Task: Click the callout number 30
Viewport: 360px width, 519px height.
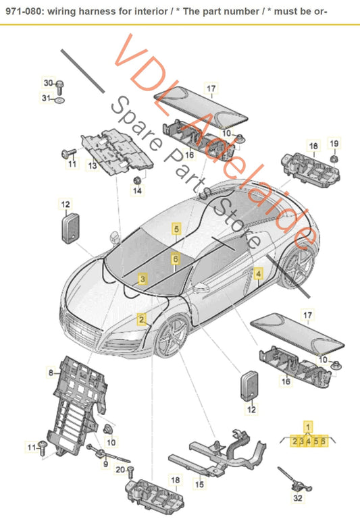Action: coord(48,83)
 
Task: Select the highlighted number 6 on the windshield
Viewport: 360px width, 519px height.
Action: coord(175,258)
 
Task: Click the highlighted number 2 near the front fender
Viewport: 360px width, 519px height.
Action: coord(143,320)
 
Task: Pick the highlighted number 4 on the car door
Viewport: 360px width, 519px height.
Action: coord(258,273)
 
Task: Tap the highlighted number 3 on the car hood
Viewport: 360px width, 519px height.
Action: coord(143,278)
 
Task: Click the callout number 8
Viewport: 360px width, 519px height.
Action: coord(50,372)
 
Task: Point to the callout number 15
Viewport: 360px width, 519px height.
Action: coord(199,483)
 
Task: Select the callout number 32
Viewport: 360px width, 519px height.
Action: coord(298,499)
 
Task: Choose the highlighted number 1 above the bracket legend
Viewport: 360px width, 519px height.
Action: coord(309,426)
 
